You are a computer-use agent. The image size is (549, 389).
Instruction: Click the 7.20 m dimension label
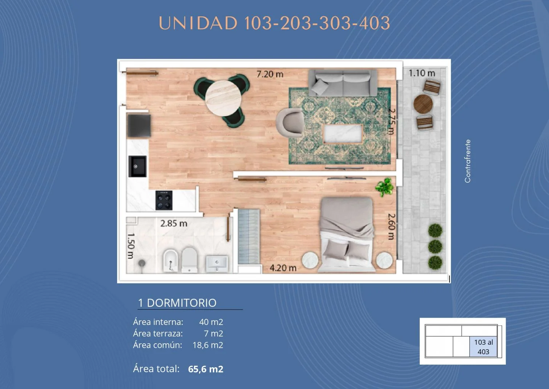tap(270, 74)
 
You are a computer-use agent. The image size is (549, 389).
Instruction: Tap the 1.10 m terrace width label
tap(422, 73)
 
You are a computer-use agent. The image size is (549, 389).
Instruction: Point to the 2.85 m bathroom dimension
tap(174, 223)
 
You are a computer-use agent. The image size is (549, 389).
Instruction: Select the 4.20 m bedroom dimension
tap(283, 268)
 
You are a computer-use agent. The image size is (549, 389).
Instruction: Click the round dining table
tap(223, 98)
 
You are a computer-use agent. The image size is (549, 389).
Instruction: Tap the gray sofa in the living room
tap(343, 83)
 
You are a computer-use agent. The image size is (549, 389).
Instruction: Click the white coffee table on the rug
tap(343, 134)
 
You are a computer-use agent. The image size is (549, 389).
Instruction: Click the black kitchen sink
tap(138, 166)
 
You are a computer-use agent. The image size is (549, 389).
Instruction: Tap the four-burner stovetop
tap(164, 200)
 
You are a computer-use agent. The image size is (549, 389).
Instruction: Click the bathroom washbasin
tap(217, 264)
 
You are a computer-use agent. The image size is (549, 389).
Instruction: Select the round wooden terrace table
tap(423, 104)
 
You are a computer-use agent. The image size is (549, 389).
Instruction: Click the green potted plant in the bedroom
tap(385, 187)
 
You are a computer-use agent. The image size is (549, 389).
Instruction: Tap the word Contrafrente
tap(468, 161)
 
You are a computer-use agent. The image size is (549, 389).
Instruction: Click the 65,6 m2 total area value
tap(205, 369)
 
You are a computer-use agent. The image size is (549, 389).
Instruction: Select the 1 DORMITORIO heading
tap(177, 303)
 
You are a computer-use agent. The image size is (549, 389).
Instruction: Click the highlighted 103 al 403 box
tap(483, 347)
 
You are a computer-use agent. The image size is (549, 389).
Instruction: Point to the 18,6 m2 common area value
tap(208, 345)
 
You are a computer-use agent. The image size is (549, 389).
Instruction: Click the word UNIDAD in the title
tap(198, 23)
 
